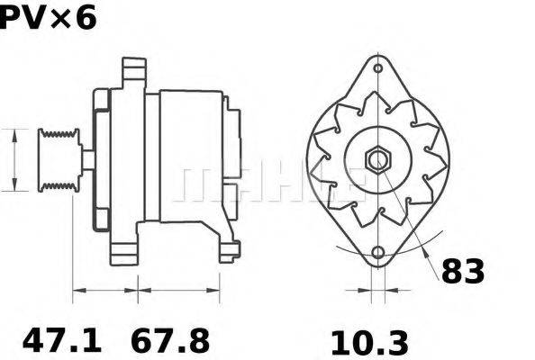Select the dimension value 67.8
(x=170, y=341)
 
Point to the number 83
(x=462, y=271)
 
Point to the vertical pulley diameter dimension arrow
(x=15, y=159)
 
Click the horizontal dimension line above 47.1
(x=103, y=291)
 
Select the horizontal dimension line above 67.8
(x=177, y=291)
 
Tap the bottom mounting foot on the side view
(x=225, y=247)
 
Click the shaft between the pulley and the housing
(x=87, y=159)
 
